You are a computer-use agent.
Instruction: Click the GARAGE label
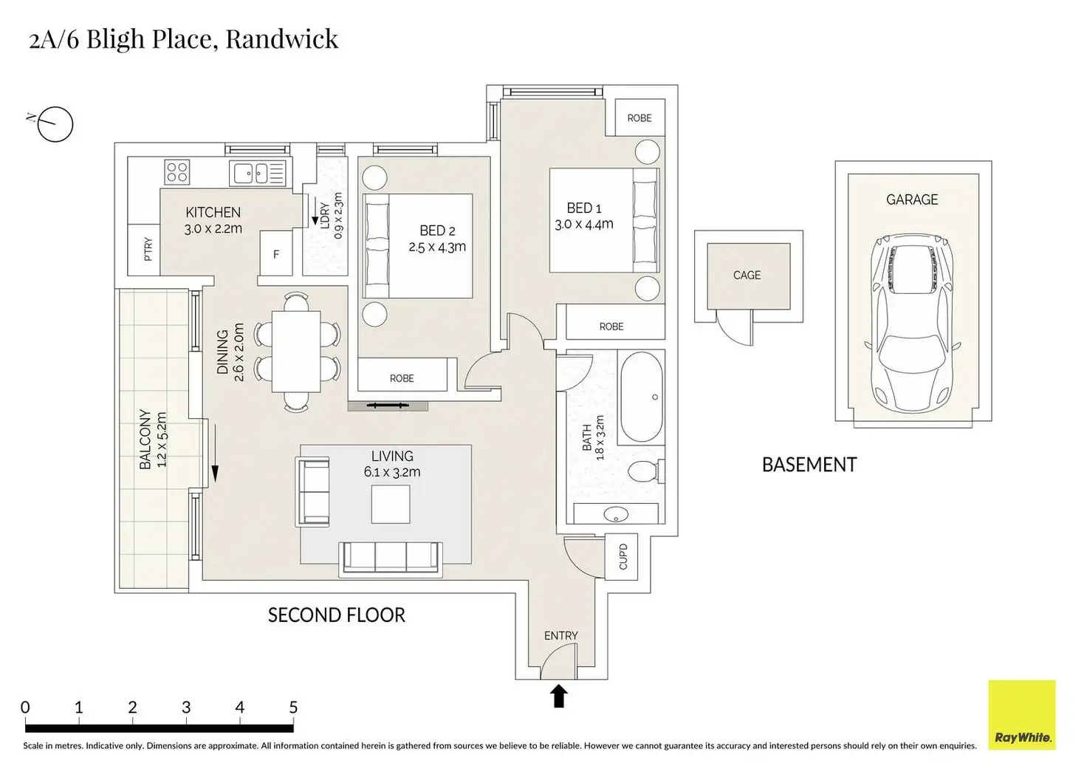(912, 199)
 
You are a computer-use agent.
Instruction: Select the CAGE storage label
(747, 275)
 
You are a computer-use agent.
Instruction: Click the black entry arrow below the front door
(559, 696)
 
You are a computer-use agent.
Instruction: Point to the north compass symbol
(54, 123)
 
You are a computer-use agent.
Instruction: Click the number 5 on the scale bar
(293, 707)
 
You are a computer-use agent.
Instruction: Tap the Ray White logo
(1022, 715)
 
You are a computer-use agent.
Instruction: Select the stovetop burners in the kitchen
(177, 172)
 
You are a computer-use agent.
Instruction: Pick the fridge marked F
(276, 253)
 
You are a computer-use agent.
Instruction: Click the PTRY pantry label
(148, 249)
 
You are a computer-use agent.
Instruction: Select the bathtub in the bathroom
(641, 397)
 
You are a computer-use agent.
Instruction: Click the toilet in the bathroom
(643, 471)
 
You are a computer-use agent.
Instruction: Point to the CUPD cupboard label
(623, 556)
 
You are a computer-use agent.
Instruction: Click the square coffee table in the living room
(391, 504)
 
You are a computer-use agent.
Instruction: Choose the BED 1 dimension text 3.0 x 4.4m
(583, 224)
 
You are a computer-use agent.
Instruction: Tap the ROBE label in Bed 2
(402, 378)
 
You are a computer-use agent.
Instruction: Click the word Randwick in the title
(281, 38)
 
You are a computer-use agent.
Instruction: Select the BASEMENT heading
(809, 465)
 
